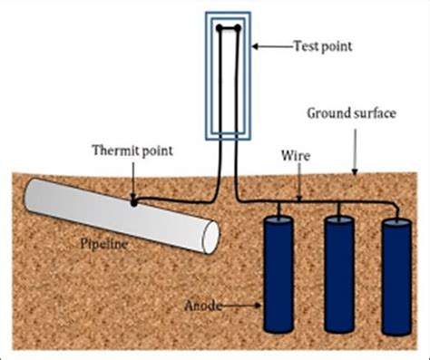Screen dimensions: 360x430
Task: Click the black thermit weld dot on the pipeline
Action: point(134,203)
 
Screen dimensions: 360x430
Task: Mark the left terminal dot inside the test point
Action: point(221,28)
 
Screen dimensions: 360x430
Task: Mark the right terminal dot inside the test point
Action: point(238,28)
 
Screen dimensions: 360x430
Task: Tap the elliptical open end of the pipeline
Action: point(208,238)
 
